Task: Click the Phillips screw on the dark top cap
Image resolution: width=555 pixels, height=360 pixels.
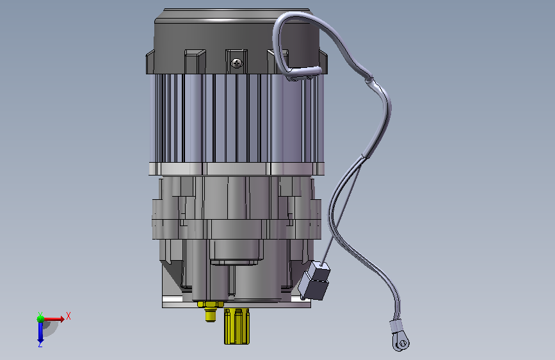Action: (x=237, y=63)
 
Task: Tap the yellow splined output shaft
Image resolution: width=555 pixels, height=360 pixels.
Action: (x=237, y=326)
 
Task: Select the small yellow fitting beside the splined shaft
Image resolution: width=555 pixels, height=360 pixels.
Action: (x=210, y=311)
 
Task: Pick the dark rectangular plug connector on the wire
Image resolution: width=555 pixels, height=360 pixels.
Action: (x=314, y=281)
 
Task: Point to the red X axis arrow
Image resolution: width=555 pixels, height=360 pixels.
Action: (x=53, y=319)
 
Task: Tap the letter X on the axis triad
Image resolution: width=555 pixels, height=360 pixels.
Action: (x=68, y=316)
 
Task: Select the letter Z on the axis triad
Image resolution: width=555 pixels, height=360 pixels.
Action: (x=40, y=344)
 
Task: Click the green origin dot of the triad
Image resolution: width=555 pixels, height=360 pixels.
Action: (x=40, y=319)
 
